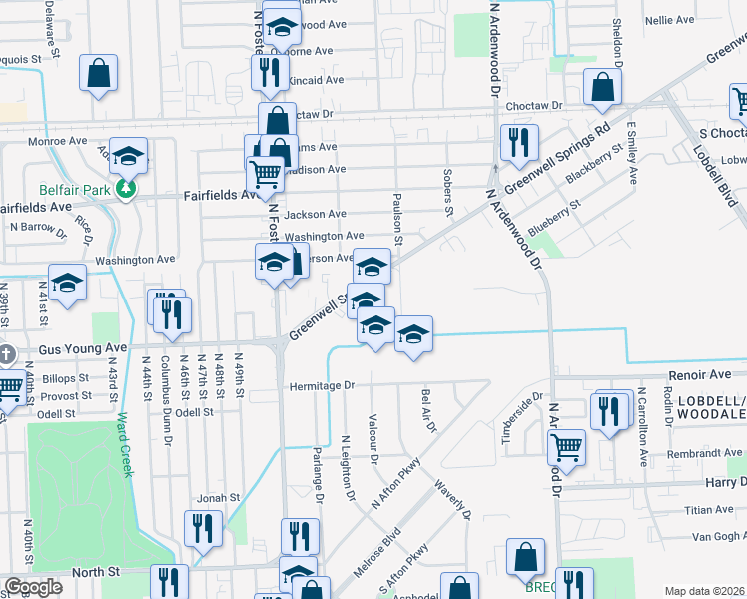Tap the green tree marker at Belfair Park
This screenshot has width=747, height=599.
126,188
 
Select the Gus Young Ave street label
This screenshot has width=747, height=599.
83,349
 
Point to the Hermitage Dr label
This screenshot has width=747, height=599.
322,385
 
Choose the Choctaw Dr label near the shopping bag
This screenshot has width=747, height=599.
535,105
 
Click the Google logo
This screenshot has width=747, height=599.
33,587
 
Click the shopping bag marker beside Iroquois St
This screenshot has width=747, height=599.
98,73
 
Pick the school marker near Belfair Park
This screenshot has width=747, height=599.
129,155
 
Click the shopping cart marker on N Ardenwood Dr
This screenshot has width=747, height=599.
566,447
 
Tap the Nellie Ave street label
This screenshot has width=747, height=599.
670,20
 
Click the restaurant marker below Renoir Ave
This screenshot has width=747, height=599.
607,409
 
